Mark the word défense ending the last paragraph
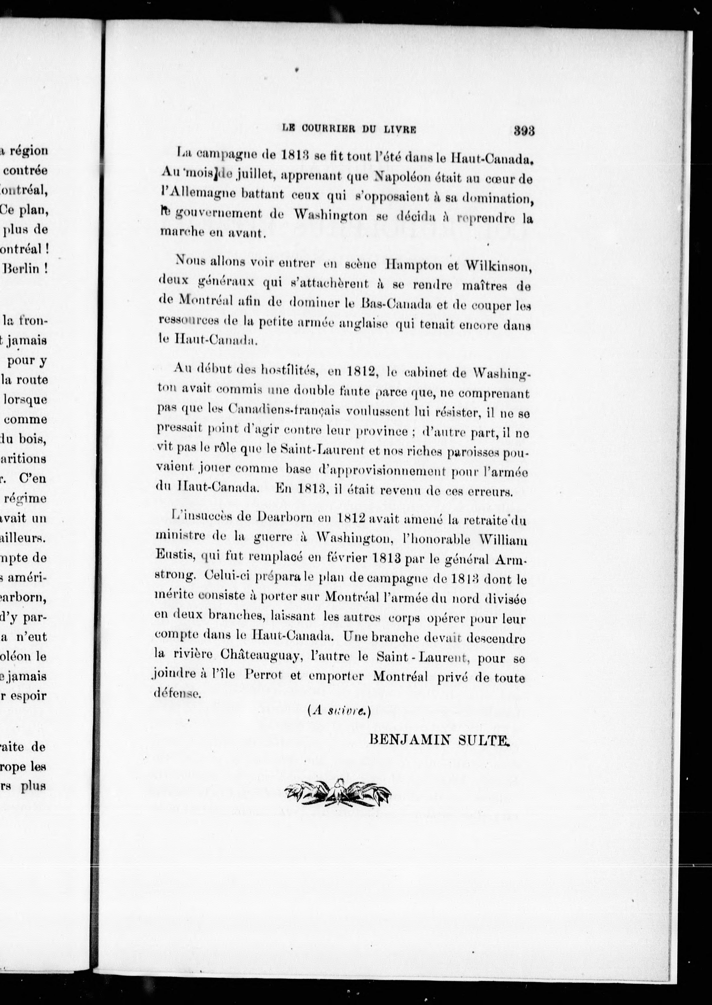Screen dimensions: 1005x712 coord(177,694)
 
